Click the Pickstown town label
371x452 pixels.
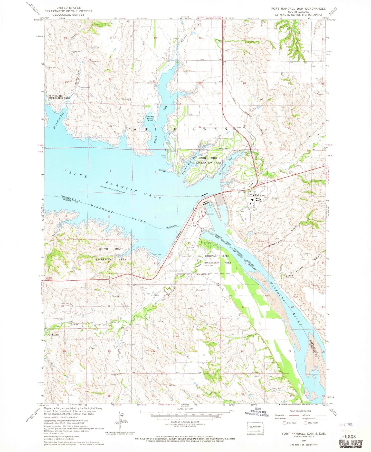tap(261, 195)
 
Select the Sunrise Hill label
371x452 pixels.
tap(163, 170)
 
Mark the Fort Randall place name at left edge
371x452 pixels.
tap(53, 335)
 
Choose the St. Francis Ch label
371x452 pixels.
tap(205, 275)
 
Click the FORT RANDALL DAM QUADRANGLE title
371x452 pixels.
tap(295, 8)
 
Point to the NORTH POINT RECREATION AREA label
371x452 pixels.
tap(208, 160)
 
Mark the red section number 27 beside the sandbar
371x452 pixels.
tap(290, 351)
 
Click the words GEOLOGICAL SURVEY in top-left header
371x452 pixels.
tap(68, 15)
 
